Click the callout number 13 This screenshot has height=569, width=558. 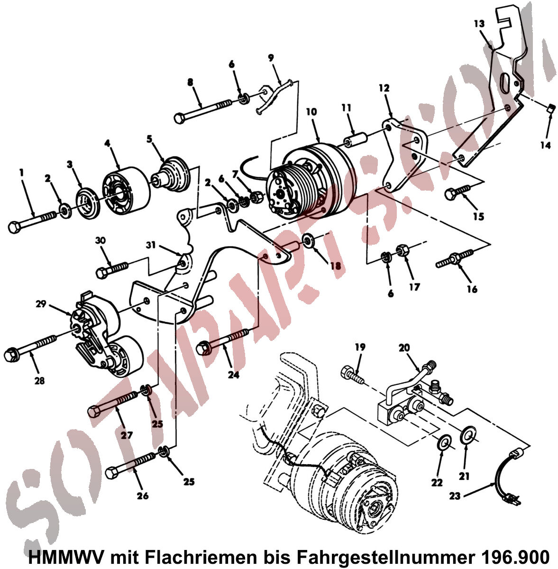[479, 24]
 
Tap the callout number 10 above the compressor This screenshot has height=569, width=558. [311, 112]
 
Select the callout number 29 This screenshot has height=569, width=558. [41, 303]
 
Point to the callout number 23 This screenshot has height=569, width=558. [455, 496]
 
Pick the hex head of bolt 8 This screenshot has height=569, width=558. [179, 119]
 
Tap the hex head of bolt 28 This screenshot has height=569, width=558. [11, 354]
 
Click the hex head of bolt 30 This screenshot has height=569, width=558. [102, 272]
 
